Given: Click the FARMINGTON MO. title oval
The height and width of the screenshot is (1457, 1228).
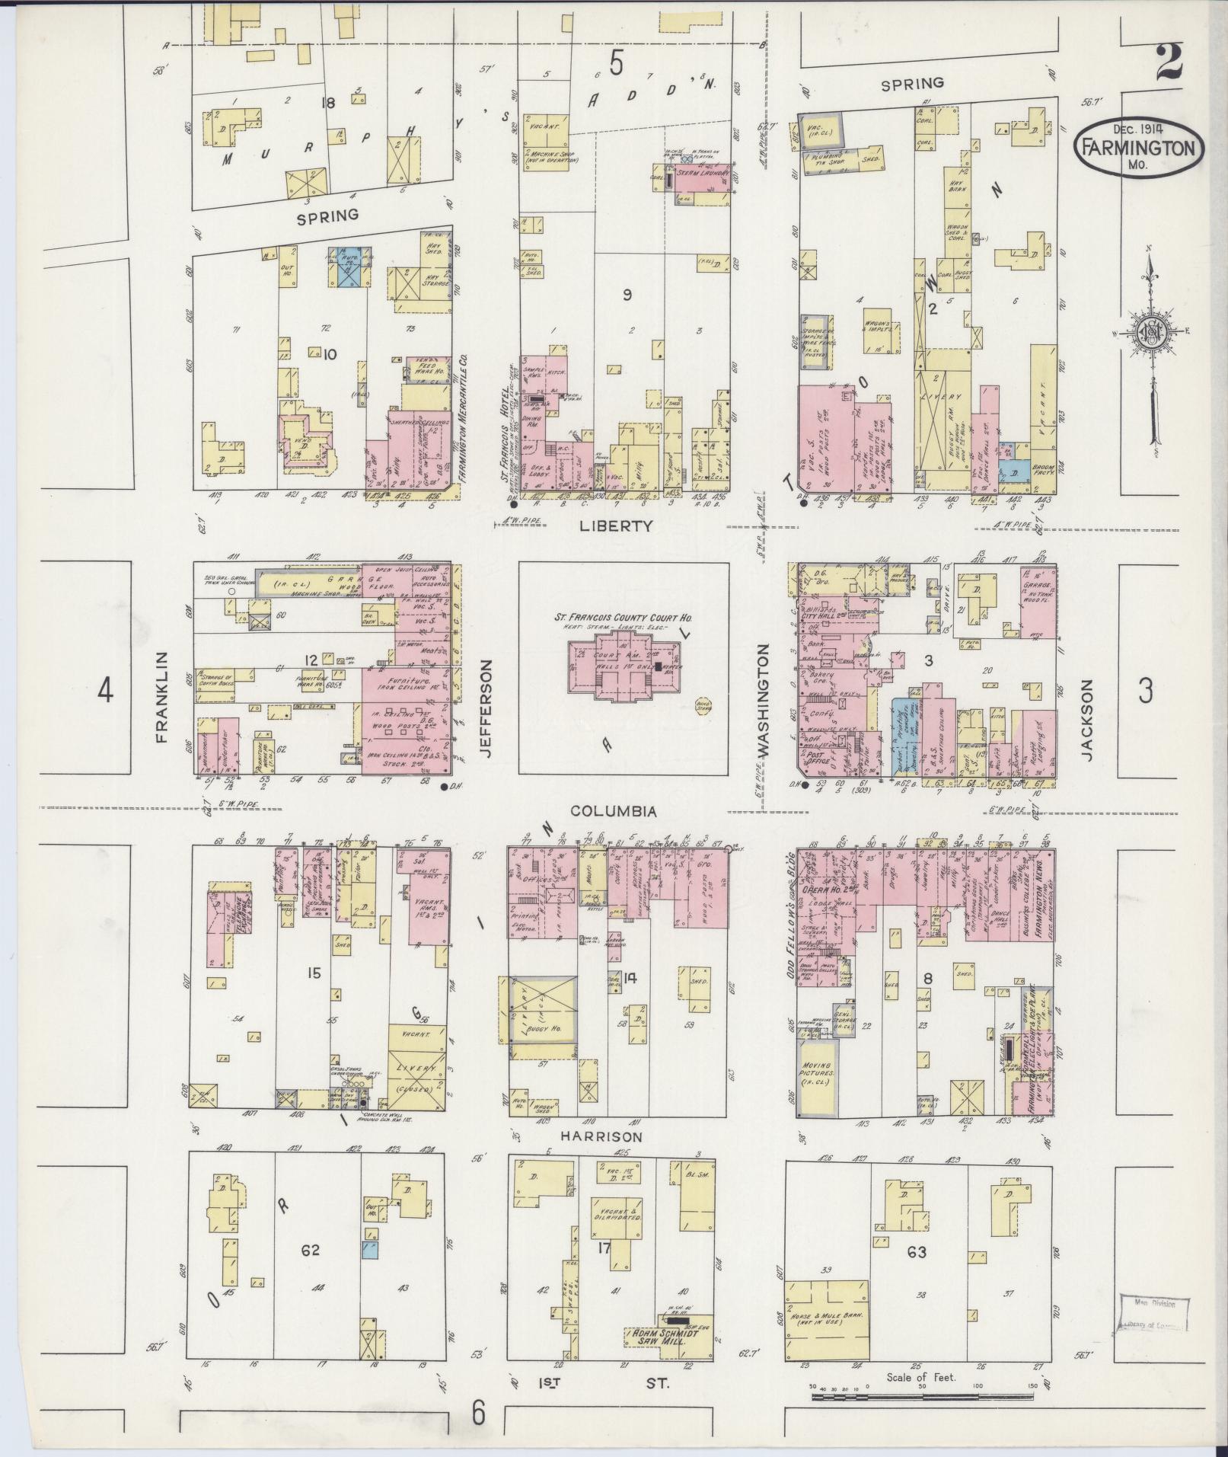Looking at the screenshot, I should pyautogui.click(x=1139, y=148).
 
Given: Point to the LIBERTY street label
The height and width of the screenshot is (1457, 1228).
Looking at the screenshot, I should pyautogui.click(x=627, y=525).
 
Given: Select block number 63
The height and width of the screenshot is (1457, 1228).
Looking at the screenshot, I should pyautogui.click(x=916, y=1251).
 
